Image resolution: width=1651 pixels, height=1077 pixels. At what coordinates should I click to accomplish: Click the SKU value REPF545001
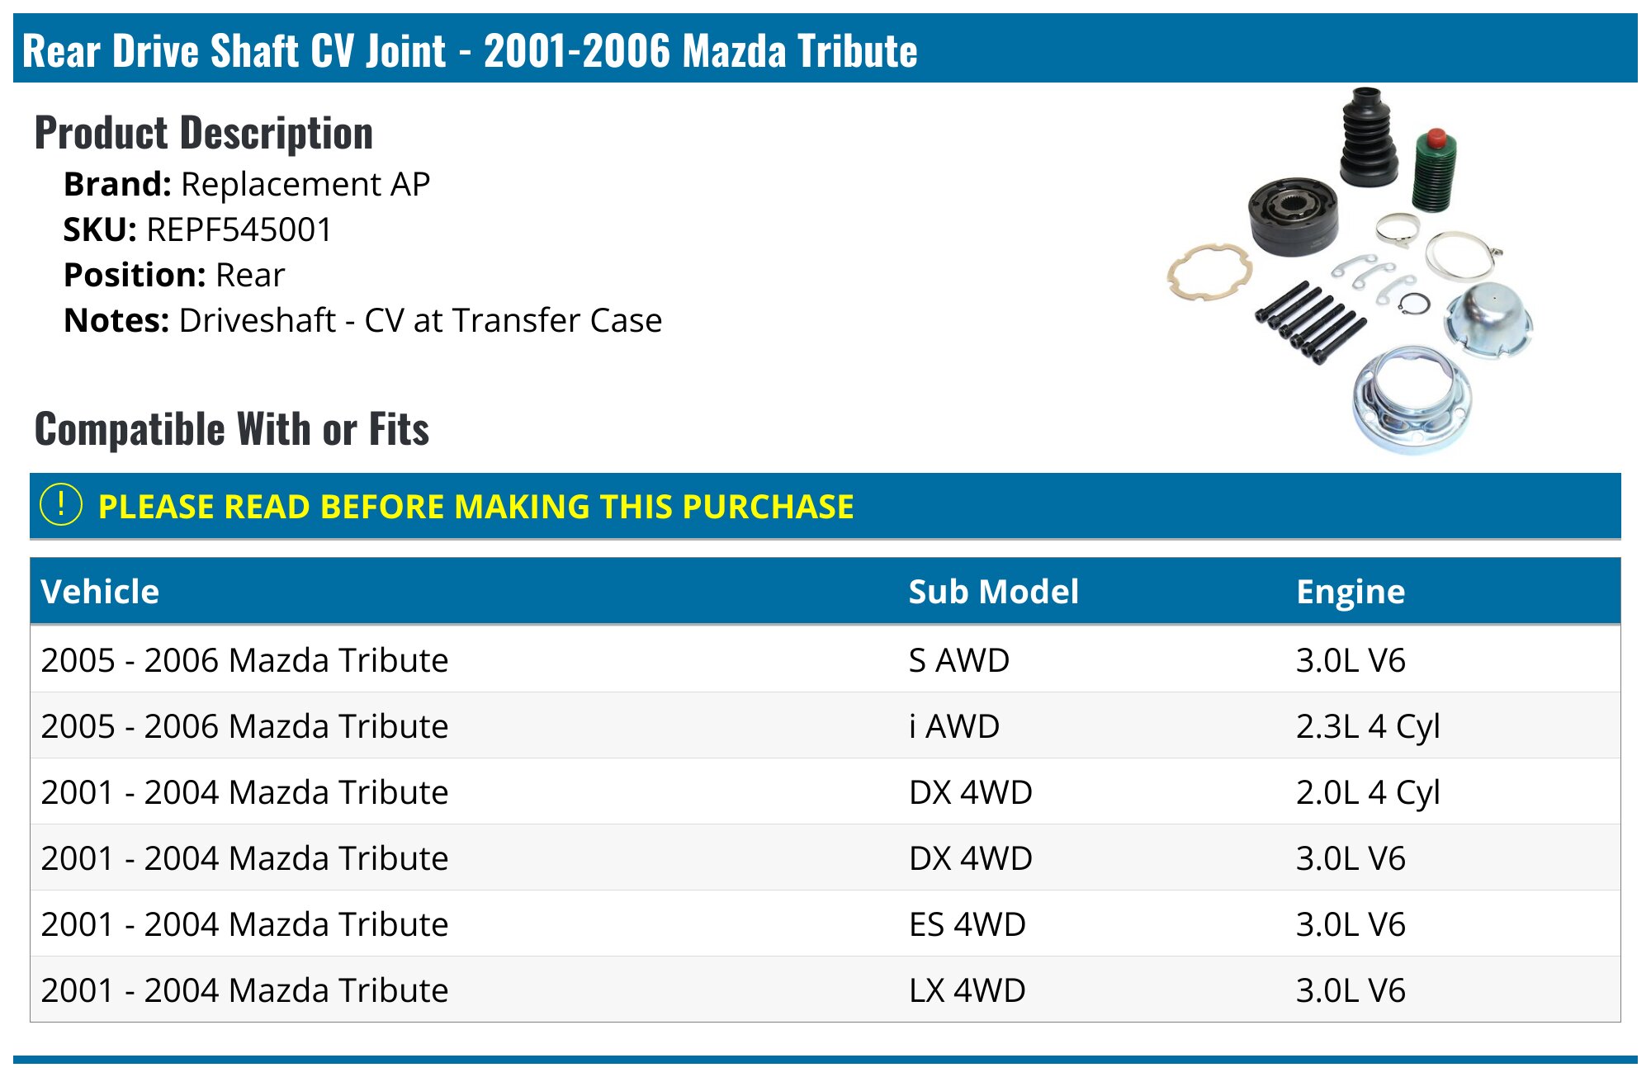point(239,229)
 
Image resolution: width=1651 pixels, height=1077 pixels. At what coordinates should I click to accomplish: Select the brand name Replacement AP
point(305,184)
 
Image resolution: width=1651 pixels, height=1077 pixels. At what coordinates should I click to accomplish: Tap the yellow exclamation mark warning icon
point(61,504)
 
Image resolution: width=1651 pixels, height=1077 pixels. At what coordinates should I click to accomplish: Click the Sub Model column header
point(993,591)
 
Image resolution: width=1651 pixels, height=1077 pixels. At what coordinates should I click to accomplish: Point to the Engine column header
point(1351,592)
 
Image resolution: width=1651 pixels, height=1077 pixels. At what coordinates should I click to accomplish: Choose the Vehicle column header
point(100,591)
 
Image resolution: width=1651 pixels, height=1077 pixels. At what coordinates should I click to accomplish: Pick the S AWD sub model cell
point(959,660)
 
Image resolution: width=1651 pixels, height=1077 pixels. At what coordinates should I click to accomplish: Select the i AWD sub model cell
point(954,726)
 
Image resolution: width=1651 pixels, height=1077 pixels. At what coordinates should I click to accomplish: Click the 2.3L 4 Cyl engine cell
point(1368,727)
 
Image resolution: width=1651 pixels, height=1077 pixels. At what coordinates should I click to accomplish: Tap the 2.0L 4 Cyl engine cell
point(1368,793)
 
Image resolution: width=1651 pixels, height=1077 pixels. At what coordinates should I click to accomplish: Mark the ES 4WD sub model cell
point(967,924)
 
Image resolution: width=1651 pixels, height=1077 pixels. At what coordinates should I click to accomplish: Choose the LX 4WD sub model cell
point(967,990)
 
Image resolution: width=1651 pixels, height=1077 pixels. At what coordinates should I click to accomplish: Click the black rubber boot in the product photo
point(1368,136)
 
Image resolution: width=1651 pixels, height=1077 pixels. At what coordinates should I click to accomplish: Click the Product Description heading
point(204,133)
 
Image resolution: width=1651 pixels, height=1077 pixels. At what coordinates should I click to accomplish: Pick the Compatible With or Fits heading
point(232,429)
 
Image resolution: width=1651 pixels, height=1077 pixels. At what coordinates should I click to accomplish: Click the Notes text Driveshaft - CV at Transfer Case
point(420,320)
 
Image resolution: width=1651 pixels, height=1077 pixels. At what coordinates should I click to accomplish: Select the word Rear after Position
point(250,275)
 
